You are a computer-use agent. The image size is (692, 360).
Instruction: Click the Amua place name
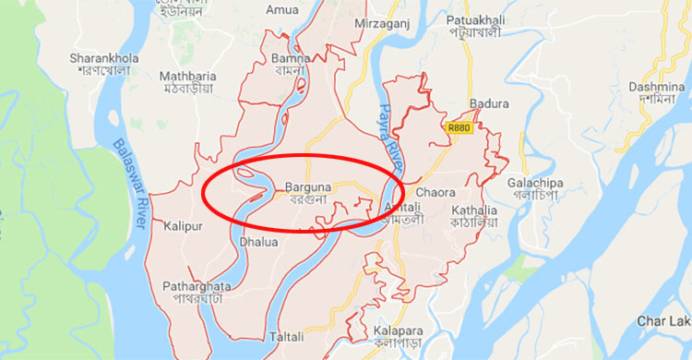click(x=281, y=10)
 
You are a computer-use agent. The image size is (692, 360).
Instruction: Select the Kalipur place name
click(x=182, y=225)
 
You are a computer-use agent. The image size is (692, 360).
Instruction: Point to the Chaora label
click(x=435, y=192)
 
